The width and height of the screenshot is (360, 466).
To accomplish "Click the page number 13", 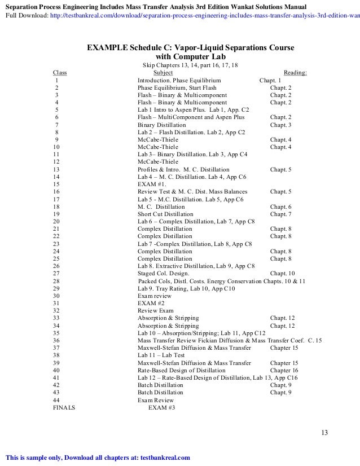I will coord(324,433).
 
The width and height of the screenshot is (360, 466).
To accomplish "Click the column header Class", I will coord(59,73).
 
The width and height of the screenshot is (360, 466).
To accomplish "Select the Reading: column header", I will coord(295,73).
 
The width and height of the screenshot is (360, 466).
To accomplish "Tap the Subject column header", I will coord(163,73).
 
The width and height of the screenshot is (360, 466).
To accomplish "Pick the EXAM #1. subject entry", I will coord(152,184).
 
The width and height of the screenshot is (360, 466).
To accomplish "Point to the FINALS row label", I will coord(64,407).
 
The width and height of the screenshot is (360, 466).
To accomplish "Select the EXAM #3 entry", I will coord(161,407).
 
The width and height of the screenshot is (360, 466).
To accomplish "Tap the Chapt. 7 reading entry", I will coord(280,214).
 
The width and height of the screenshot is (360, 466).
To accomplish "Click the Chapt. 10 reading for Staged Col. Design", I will coord(283,273).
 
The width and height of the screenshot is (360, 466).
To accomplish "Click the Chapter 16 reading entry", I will coord(284,370).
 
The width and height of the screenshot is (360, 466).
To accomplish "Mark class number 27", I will coord(56,273).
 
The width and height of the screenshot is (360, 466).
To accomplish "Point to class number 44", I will coord(56,399).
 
